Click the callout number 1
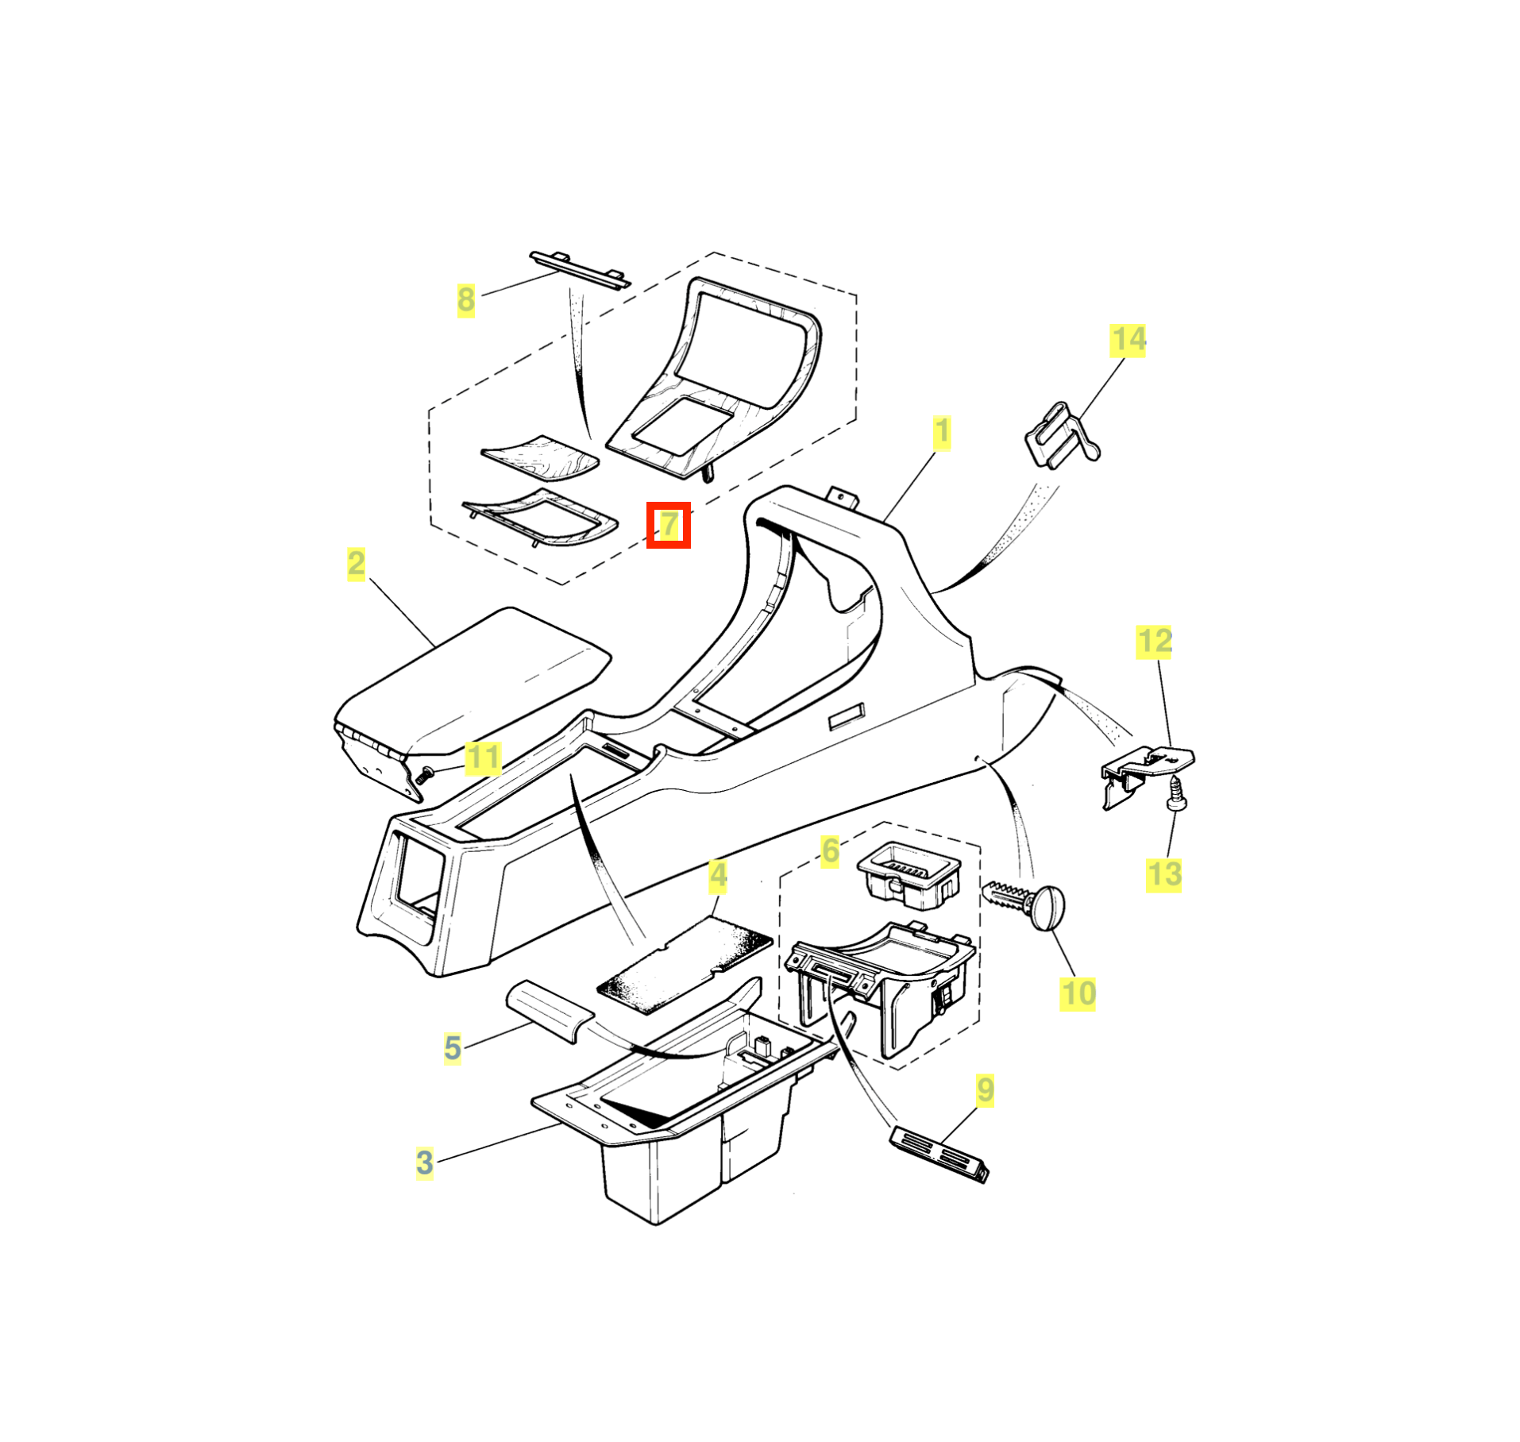[941, 433]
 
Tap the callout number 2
[356, 564]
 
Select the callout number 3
[425, 1162]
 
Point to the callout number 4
[718, 875]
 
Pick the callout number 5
[453, 1047]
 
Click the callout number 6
[830, 850]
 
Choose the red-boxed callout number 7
[669, 524]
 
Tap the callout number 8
[465, 300]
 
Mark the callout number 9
[985, 1090]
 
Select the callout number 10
[1078, 993]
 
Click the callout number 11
[483, 758]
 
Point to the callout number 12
[1155, 642]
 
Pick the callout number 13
[1163, 875]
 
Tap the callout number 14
[1128, 340]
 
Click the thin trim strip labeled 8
[580, 269]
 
